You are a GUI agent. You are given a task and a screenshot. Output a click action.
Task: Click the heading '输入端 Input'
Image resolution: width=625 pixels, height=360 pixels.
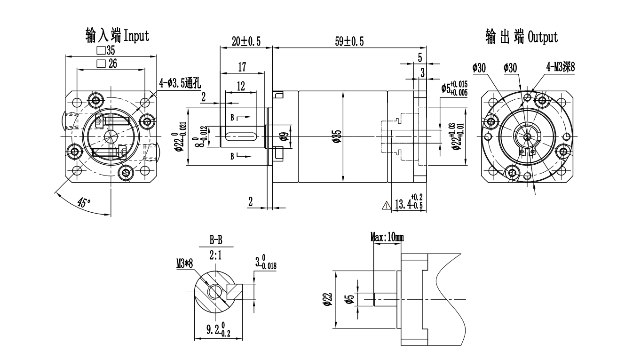pos(117,35)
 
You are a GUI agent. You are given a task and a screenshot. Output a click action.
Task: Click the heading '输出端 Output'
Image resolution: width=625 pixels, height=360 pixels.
pos(522,36)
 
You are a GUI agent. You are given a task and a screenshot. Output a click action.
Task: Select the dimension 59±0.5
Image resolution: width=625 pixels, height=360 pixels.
pos(349,41)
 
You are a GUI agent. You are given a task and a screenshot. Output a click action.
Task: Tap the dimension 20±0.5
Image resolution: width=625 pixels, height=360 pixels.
pos(246,41)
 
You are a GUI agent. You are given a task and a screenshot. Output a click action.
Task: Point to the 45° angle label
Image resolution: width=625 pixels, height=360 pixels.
pos(84,203)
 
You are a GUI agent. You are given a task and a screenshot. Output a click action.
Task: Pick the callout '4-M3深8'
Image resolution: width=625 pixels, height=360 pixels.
pos(561,68)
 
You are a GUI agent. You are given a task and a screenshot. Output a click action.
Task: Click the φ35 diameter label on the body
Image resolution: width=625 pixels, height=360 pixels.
pos(337,136)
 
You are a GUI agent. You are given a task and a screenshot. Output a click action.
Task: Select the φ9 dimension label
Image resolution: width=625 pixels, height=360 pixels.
pos(284,137)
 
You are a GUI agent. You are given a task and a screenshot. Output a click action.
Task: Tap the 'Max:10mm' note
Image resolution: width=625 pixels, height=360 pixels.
pos(387,237)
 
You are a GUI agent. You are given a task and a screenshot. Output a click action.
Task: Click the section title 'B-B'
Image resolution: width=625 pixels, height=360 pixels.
pos(216,241)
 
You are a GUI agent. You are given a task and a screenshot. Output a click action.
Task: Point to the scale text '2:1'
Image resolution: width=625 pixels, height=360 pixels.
pos(216,255)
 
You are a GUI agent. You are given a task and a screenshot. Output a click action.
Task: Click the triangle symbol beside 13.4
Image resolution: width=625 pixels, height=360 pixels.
pos(387,205)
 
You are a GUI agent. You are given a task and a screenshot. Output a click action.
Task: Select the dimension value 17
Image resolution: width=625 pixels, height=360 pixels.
pos(242,67)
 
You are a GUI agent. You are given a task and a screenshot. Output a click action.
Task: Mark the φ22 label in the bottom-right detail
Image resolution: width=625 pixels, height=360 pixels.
pos(328,299)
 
